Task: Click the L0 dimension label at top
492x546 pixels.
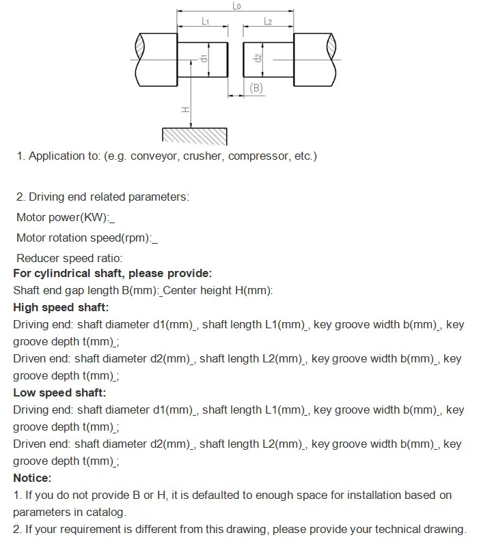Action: click(236, 6)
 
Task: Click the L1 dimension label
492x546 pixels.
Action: click(205, 22)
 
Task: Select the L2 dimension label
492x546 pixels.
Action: click(268, 22)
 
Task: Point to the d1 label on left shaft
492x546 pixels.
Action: click(204, 59)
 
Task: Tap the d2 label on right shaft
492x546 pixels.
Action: click(258, 59)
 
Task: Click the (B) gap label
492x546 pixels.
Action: click(256, 88)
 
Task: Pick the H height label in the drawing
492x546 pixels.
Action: click(185, 109)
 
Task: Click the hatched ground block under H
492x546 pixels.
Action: click(194, 136)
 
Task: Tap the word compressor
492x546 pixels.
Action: click(258, 156)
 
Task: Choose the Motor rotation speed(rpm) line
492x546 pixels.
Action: click(84, 238)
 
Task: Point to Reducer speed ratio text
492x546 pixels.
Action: click(69, 259)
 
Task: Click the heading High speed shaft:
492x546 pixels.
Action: click(61, 308)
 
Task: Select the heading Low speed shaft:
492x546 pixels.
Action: click(59, 393)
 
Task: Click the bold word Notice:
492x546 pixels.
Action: click(32, 478)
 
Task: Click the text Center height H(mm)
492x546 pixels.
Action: click(218, 291)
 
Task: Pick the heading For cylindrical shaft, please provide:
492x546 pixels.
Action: click(112, 274)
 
